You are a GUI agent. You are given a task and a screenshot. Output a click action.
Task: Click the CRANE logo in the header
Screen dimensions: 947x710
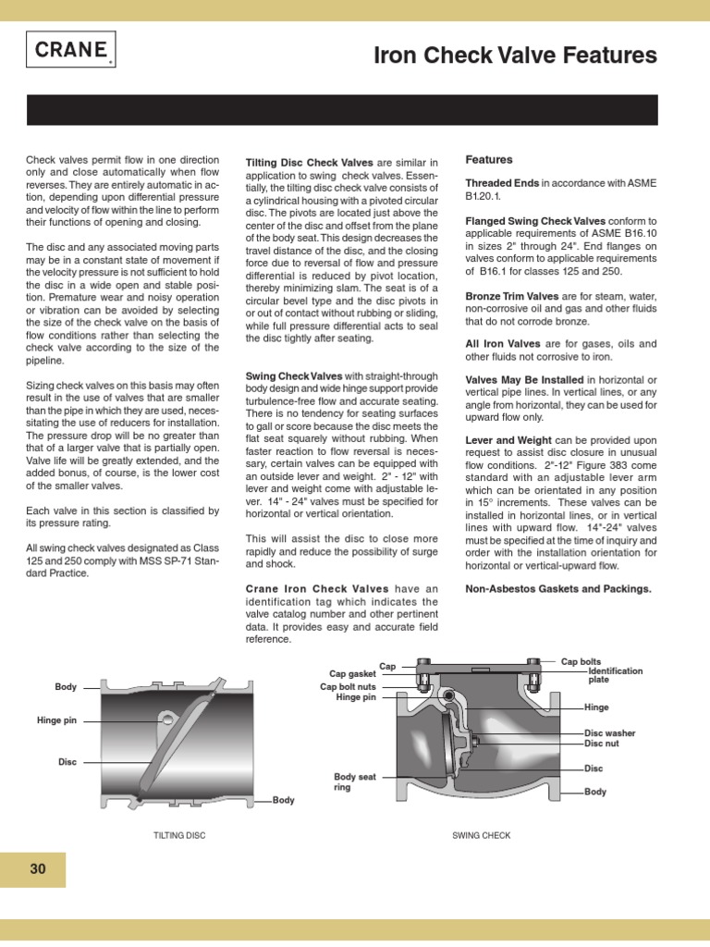[70, 51]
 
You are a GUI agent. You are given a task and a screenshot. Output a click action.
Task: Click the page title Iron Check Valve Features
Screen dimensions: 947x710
[515, 56]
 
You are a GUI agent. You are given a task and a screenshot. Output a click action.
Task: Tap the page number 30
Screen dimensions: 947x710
[37, 868]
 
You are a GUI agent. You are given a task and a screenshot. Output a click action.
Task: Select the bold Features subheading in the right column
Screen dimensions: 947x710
[488, 160]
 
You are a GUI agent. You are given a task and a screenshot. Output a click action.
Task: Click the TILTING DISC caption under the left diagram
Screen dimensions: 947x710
[179, 835]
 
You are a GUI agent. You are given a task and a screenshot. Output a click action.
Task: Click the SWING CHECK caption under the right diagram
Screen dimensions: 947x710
[481, 835]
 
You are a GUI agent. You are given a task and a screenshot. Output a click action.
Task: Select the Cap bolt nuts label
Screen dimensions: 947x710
[348, 686]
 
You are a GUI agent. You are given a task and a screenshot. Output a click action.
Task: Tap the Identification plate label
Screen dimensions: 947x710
[615, 675]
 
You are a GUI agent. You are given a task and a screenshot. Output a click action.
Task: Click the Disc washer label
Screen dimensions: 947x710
[609, 732]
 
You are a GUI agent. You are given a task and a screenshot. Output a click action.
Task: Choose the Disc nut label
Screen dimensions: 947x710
[603, 744]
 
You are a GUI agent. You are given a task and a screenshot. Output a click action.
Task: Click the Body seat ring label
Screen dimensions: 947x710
[355, 782]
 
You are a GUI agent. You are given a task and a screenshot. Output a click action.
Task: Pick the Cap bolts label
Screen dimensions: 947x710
[581, 662]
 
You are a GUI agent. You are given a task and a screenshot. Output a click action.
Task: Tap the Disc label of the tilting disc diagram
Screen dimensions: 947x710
[67, 762]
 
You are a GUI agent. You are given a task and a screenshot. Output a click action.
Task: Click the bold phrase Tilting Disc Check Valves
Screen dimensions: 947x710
[309, 163]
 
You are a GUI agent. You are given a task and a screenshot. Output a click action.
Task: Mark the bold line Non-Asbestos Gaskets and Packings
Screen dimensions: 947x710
[557, 588]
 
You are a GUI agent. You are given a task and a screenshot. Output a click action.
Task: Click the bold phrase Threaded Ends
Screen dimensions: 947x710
[501, 183]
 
